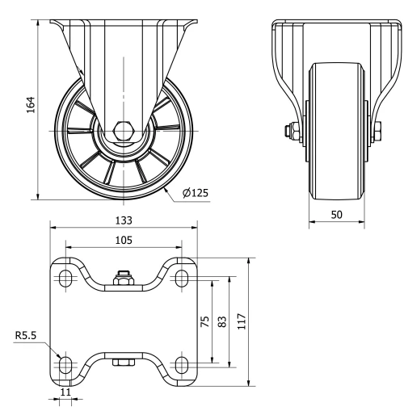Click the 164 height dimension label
tap(30, 107)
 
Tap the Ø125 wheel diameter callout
tap(195, 193)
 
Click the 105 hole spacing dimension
tap(123, 239)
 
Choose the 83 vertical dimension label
tap(224, 321)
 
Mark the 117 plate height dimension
tap(242, 321)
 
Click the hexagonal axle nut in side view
tap(123, 130)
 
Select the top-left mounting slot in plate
tap(65, 278)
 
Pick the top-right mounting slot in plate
tap(182, 278)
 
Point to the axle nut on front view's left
tap(288, 129)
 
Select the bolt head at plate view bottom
tap(123, 365)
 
